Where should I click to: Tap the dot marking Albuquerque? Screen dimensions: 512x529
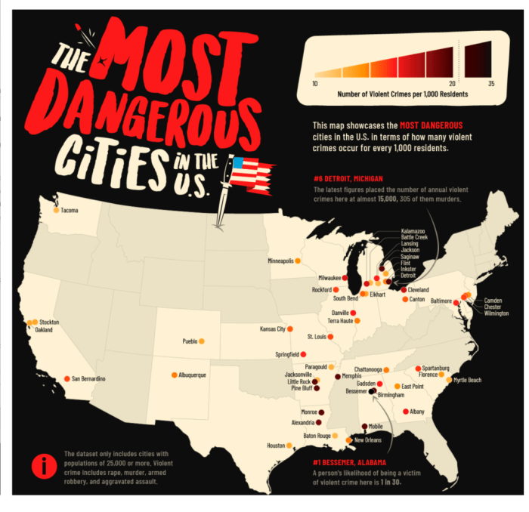click(174, 375)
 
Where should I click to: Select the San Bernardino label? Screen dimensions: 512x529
click(89, 378)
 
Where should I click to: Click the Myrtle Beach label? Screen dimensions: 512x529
click(468, 380)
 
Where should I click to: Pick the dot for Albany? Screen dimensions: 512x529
click(406, 412)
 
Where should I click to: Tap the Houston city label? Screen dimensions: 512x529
click(275, 446)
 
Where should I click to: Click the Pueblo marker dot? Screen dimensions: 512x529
click(201, 341)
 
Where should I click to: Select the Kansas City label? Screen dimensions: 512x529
click(273, 329)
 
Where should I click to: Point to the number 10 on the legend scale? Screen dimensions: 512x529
click(314, 83)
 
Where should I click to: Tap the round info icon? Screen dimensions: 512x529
click(45, 466)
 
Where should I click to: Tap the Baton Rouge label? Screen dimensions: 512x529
click(317, 436)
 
